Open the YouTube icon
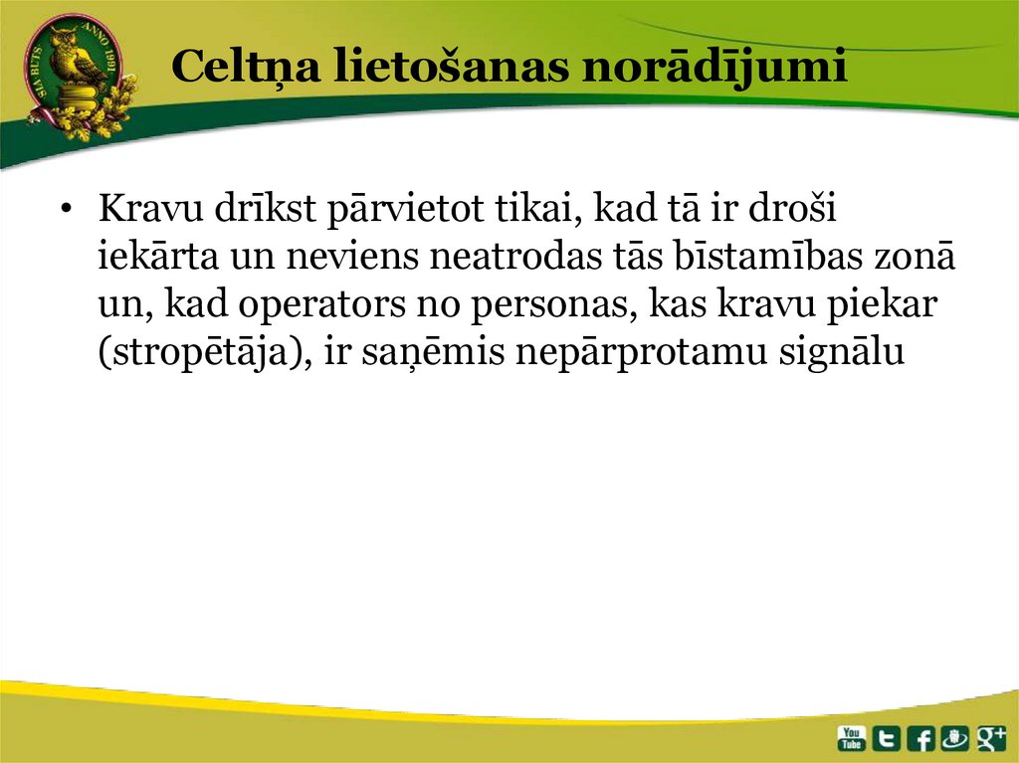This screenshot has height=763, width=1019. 852,737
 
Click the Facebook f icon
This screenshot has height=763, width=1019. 921,737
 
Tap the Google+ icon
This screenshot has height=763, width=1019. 992,737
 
